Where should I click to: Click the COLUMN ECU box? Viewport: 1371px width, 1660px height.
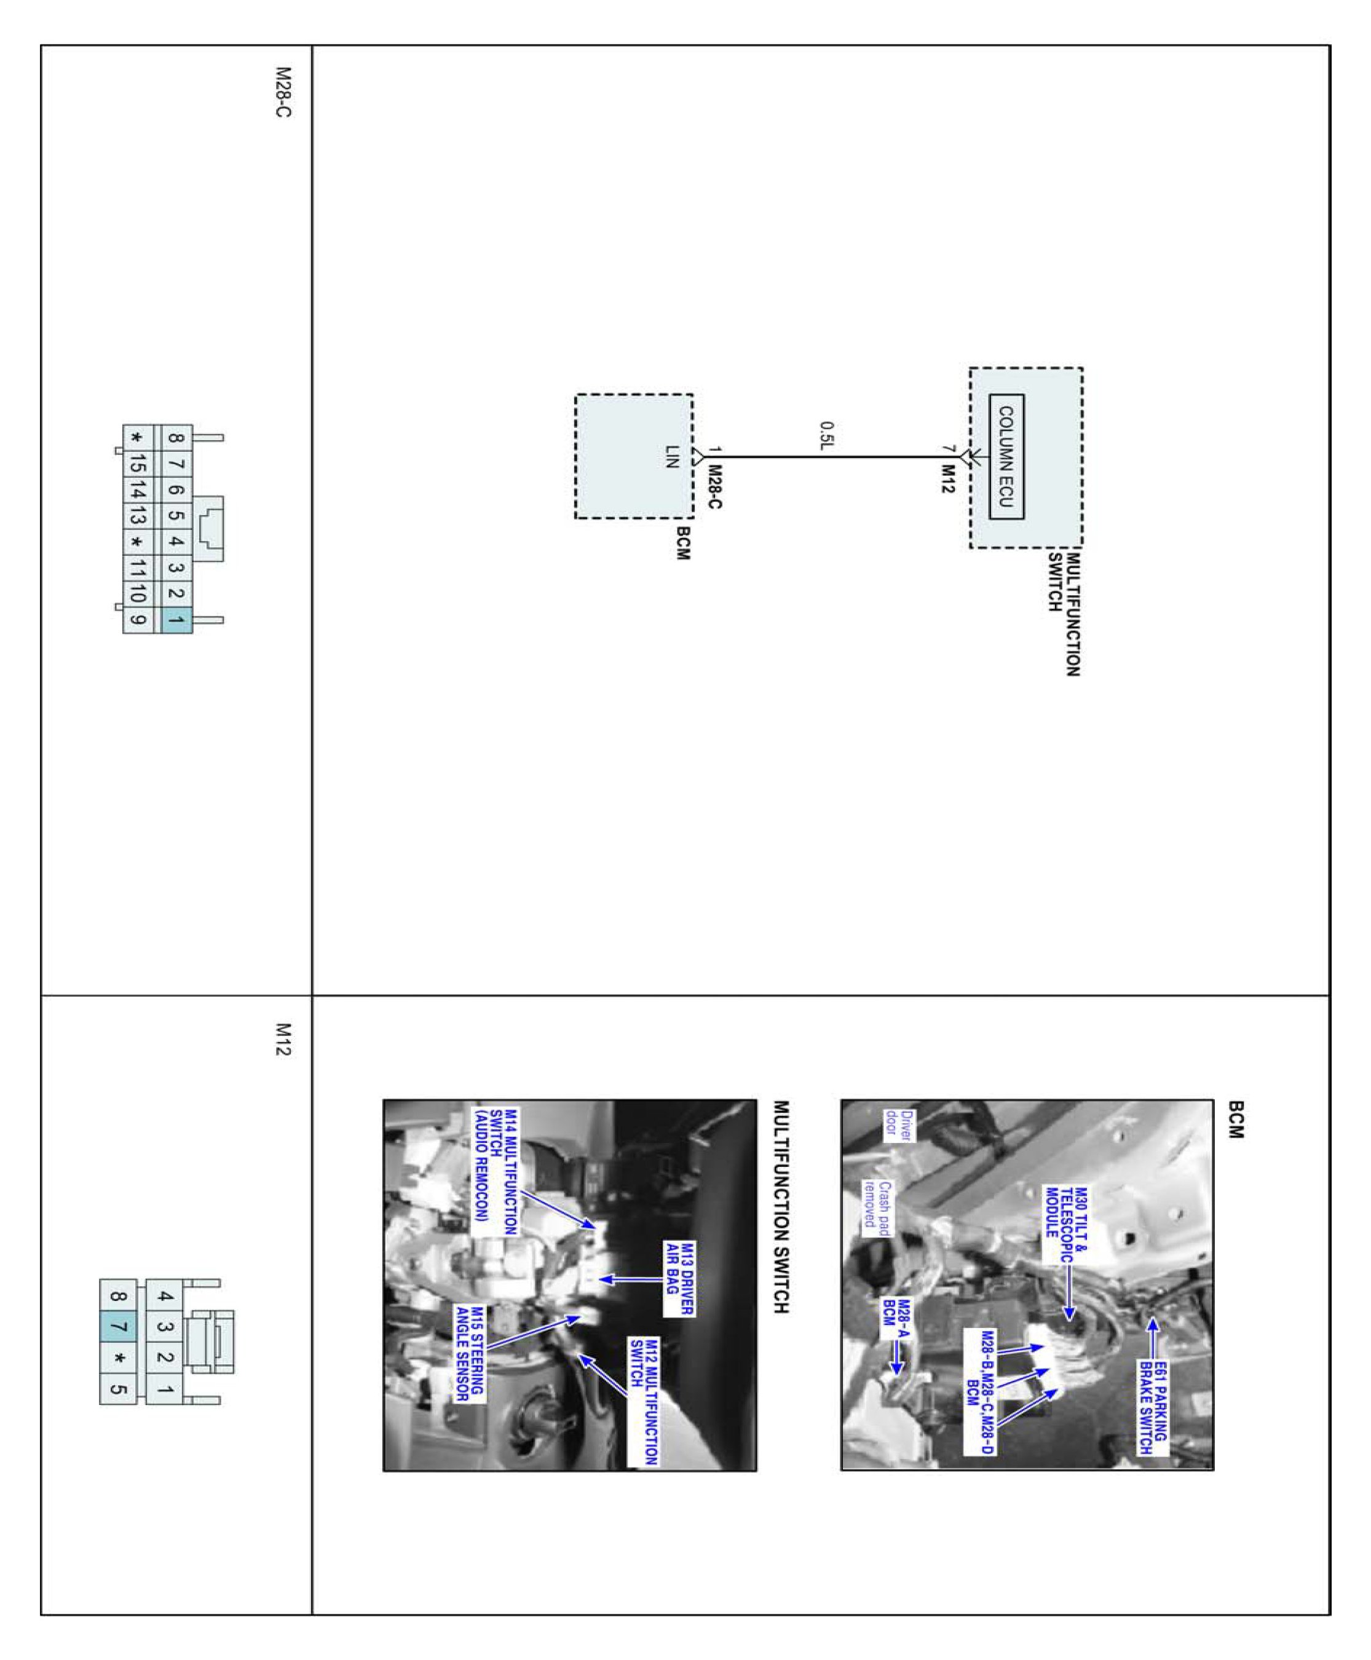(x=1006, y=456)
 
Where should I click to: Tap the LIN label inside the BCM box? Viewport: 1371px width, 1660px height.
(x=671, y=456)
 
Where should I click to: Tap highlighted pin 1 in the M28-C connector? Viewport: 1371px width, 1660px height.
(x=176, y=620)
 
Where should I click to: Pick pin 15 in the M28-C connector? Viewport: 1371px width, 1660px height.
(x=138, y=463)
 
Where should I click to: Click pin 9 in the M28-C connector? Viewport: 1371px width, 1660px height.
(x=138, y=620)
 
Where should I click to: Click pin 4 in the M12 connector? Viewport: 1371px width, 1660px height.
(x=164, y=1296)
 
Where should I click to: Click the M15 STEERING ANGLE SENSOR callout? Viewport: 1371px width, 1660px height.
(x=469, y=1353)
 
